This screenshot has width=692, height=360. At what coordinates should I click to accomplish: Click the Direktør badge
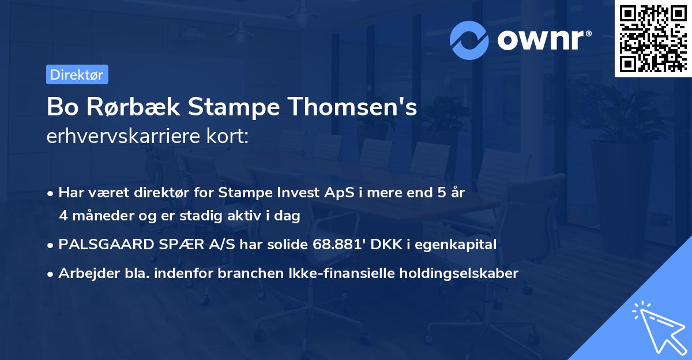77,74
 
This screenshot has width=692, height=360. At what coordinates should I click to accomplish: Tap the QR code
653,39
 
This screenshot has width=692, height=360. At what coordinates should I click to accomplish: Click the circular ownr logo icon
469,39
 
